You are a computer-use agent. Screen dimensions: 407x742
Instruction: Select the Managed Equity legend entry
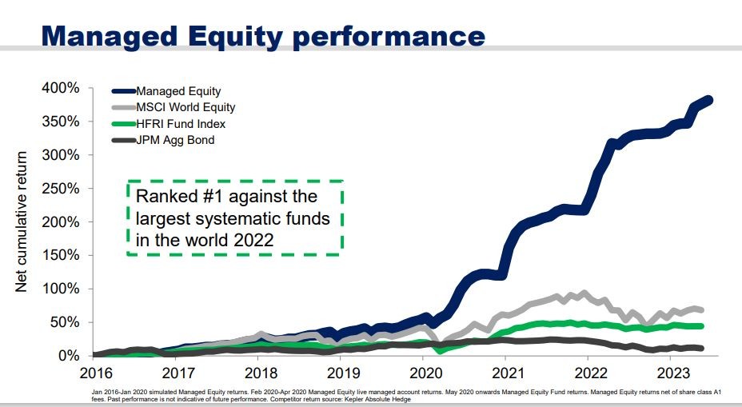178,91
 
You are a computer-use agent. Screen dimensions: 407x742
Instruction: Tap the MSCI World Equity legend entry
185,107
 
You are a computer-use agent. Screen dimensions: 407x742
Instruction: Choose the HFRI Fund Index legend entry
181,124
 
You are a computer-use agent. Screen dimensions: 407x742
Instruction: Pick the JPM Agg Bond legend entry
175,141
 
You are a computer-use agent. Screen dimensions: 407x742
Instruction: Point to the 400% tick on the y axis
62,88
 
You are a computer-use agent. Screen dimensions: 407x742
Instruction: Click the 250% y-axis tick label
62,189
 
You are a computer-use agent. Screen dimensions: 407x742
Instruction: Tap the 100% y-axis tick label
62,289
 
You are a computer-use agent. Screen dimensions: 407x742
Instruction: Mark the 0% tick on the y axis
70,355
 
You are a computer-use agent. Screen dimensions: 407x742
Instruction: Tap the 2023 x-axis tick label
672,372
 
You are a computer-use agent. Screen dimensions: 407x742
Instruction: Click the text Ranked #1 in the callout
174,197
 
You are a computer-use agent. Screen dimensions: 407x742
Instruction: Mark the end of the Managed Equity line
709,100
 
